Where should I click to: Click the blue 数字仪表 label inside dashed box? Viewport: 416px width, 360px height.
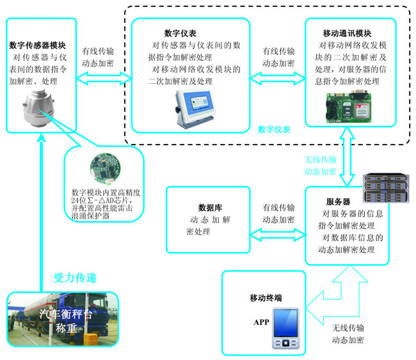click(x=274, y=129)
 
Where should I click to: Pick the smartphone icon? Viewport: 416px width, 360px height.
click(x=284, y=329)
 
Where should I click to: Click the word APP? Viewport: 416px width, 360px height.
click(x=261, y=322)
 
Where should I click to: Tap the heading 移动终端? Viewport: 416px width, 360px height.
click(x=266, y=298)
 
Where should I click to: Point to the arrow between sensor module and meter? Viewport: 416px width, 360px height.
click(x=102, y=80)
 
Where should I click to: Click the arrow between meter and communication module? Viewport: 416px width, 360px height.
click(x=278, y=80)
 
